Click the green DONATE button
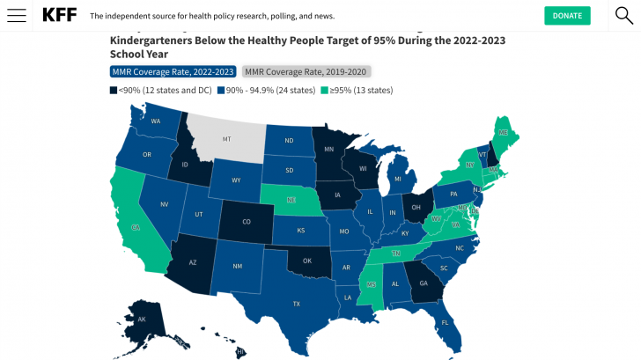pos(567,16)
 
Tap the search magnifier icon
pos(623,15)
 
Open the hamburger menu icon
pos(16,16)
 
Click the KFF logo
pos(59,16)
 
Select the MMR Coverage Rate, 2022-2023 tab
pos(173,71)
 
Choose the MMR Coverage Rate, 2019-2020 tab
pos(306,71)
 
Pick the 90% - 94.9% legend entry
pos(268,90)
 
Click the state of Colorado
pos(246,221)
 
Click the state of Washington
pos(153,121)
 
